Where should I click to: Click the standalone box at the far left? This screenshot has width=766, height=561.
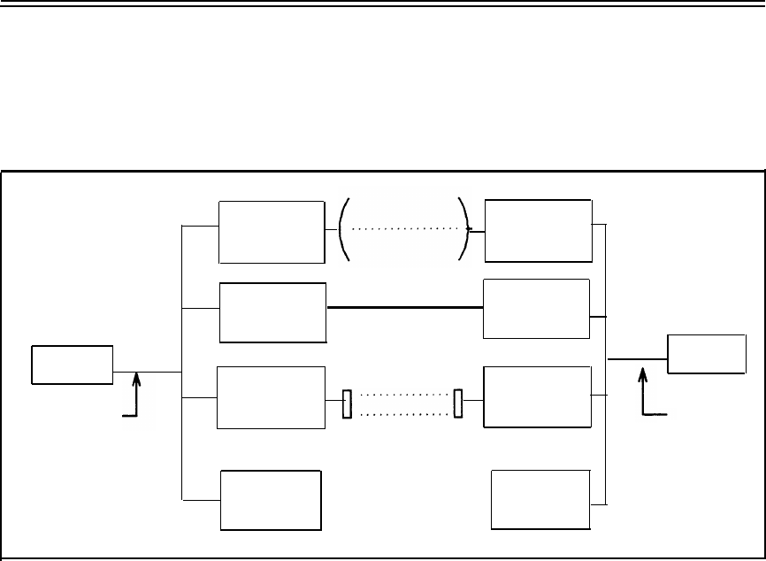pyautogui.click(x=72, y=365)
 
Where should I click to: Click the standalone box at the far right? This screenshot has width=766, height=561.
pyautogui.click(x=706, y=354)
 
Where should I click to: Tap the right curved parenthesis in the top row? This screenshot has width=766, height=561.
pyautogui.click(x=463, y=230)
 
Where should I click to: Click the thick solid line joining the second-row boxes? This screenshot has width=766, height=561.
pyautogui.click(x=404, y=307)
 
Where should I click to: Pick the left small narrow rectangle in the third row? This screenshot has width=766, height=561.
pyautogui.click(x=348, y=403)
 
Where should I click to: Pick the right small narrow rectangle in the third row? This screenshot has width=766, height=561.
pyautogui.click(x=458, y=402)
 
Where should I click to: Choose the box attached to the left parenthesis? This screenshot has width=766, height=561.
pyautogui.click(x=272, y=232)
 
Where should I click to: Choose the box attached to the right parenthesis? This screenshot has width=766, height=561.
pyautogui.click(x=539, y=230)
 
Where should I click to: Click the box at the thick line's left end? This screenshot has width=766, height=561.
pyautogui.click(x=272, y=313)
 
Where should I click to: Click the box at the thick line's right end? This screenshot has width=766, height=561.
pyautogui.click(x=536, y=308)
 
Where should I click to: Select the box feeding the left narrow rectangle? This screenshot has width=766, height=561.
pyautogui.click(x=271, y=398)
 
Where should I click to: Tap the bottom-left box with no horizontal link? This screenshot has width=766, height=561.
pyautogui.click(x=271, y=500)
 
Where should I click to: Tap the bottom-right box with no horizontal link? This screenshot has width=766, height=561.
pyautogui.click(x=540, y=499)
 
